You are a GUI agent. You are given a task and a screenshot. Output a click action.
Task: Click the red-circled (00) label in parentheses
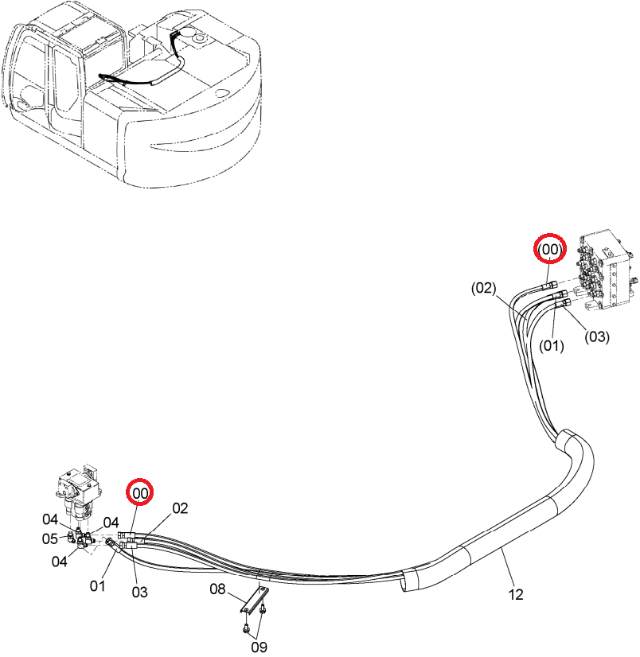[x=550, y=249]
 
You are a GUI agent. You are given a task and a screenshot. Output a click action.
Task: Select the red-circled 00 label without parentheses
[x=140, y=493]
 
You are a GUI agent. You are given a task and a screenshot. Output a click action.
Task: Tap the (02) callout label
[x=483, y=288]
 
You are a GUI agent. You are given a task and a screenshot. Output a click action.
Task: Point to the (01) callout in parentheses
[x=551, y=346]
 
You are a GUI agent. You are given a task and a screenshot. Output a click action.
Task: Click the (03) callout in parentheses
[x=597, y=336]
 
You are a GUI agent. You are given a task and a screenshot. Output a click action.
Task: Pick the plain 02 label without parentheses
[x=181, y=508]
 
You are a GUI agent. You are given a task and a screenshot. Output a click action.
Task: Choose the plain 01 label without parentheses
[x=98, y=585]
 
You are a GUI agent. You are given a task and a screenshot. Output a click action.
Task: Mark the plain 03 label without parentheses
[x=139, y=592]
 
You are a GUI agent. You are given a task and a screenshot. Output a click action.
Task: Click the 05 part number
[x=50, y=538]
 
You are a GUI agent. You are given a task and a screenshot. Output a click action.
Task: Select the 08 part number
[x=217, y=589]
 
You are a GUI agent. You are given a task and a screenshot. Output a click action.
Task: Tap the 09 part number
[x=259, y=647]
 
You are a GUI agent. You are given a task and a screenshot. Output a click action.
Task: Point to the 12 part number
[x=516, y=594]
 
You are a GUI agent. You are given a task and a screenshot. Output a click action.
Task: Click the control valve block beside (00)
[x=607, y=271]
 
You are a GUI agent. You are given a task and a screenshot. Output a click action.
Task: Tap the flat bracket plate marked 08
[x=255, y=600]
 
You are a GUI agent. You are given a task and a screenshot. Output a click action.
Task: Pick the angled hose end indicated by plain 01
[x=112, y=543]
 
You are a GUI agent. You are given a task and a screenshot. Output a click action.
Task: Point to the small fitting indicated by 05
[x=70, y=536]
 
